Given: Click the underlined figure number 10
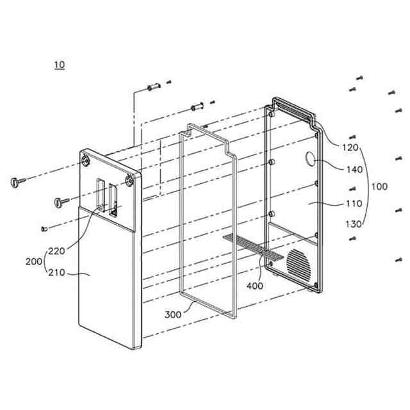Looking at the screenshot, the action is [60, 65].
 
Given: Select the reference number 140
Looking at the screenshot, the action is [354, 170].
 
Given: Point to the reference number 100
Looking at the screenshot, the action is [379, 186].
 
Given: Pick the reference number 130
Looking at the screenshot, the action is [354, 224].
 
